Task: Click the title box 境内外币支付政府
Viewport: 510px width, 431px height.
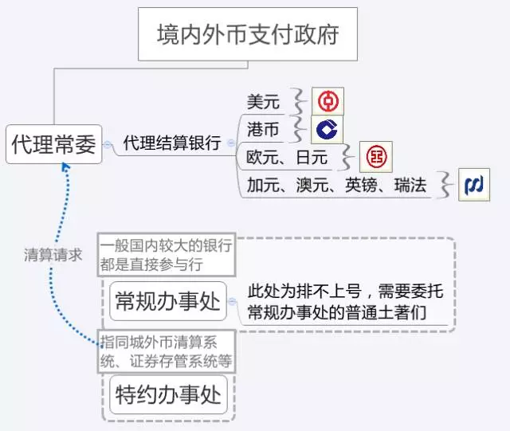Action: point(248,34)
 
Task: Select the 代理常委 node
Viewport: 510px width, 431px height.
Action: point(53,144)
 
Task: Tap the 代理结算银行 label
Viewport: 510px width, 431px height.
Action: point(172,143)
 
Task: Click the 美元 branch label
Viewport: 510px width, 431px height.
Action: point(263,102)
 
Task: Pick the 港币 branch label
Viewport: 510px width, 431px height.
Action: point(263,129)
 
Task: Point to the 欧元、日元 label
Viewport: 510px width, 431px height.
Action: point(287,158)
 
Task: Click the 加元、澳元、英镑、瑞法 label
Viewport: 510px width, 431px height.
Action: point(336,185)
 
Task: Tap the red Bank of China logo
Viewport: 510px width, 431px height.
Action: point(328,101)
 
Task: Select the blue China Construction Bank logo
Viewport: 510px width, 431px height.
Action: point(327,129)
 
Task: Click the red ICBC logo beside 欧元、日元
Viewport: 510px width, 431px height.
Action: point(376,157)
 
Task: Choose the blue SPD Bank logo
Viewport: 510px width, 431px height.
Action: point(474,185)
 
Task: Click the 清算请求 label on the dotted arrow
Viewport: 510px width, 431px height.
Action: point(53,255)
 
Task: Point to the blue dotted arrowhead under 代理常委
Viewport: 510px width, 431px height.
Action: point(65,167)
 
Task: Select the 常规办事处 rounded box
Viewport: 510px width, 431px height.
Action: point(168,301)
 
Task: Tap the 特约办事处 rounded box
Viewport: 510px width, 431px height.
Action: point(168,394)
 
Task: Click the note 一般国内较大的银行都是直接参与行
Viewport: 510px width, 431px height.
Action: point(167,255)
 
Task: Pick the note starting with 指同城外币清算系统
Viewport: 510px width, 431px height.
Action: point(167,351)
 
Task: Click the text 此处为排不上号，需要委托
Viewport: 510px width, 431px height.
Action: point(345,291)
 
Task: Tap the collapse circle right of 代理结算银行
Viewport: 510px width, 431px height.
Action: point(231,143)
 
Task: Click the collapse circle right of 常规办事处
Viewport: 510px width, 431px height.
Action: point(232,301)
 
